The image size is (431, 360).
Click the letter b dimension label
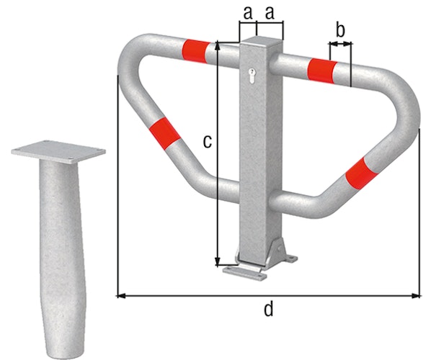[340, 30]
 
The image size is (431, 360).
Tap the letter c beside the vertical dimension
[207, 142]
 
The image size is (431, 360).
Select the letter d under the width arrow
[268, 310]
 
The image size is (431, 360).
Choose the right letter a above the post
[272, 12]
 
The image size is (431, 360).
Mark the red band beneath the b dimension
[321, 69]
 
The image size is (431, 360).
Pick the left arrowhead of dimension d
[120, 294]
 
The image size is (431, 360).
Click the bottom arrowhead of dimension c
[218, 261]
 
